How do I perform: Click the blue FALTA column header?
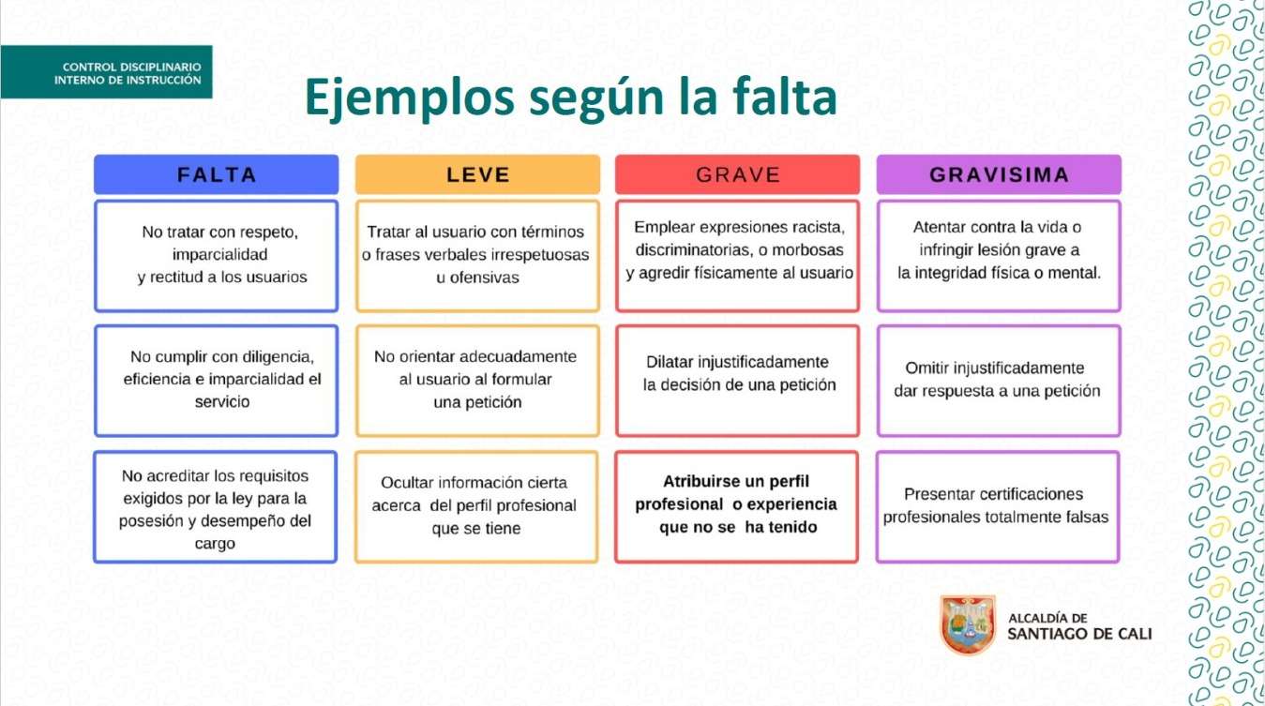pos(217,174)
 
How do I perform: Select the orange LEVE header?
pos(477,174)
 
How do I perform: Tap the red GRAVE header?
pos(738,174)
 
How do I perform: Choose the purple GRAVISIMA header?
pos(999,174)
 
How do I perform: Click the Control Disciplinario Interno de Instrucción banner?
pos(107,72)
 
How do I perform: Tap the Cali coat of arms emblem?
pos(968,625)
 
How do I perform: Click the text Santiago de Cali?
pos(1079,634)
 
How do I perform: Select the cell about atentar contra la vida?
pos(999,255)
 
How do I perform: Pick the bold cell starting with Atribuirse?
pos(737,506)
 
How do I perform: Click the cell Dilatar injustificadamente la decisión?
pos(738,381)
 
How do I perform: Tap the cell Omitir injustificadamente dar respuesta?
pos(999,381)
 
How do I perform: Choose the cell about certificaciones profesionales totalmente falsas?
pos(998,506)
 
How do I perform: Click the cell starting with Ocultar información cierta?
pos(476,506)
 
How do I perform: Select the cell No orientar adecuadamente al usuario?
pos(477,381)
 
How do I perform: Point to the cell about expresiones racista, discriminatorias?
pos(738,255)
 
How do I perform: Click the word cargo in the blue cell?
pos(215,544)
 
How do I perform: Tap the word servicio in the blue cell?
pos(222,401)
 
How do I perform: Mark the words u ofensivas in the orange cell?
pos(477,278)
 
